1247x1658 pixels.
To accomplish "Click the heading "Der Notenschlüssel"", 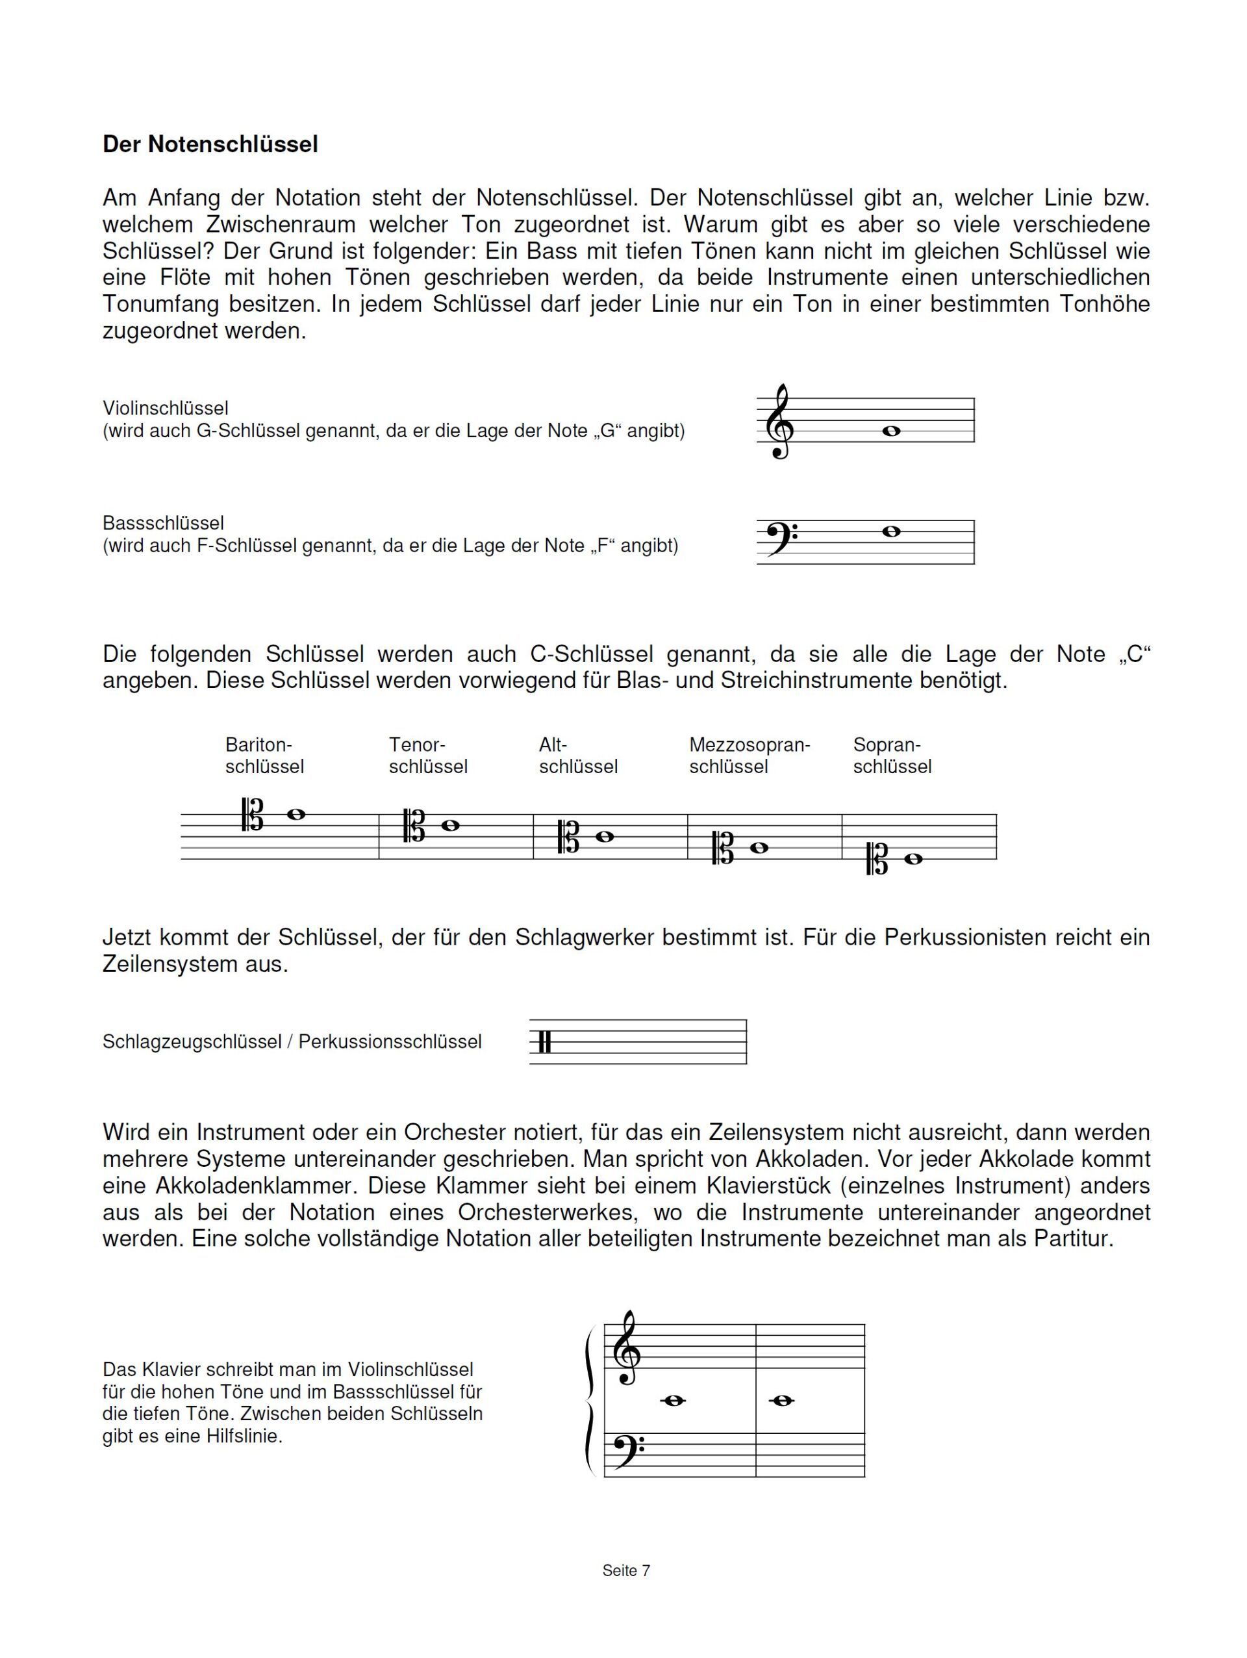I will pos(210,144).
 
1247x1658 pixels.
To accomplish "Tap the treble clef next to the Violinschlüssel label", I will pos(779,422).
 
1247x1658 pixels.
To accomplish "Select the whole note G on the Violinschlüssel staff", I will pos(891,431).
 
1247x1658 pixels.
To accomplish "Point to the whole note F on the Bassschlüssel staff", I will pos(891,531).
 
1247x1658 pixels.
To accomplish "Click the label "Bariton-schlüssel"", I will pos(264,756).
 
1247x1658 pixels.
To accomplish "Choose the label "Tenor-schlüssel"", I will pos(427,756).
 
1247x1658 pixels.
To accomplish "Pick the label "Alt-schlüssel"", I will pos(578,756).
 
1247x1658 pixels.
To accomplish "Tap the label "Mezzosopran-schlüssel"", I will pos(749,756).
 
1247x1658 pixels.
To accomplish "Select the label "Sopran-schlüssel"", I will pos(892,756).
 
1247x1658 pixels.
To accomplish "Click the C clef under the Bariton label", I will pos(253,815).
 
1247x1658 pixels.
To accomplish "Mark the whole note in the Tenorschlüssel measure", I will pos(450,825).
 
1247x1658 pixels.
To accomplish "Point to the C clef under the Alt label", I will pos(569,837).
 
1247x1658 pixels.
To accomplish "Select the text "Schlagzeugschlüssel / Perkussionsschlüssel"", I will pos(292,1042).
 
